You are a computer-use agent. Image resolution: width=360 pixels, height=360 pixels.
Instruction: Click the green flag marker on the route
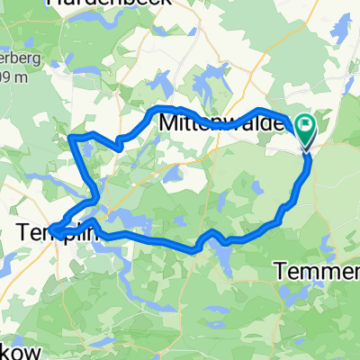(306, 132)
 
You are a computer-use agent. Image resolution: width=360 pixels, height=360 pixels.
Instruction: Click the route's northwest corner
(71, 137)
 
